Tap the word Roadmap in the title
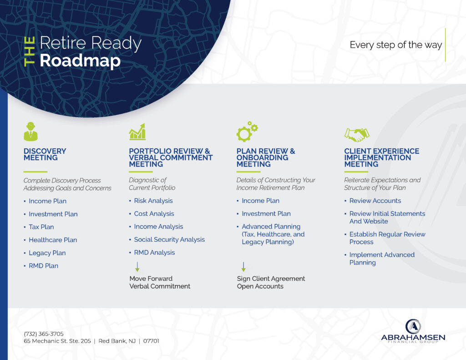click(80, 61)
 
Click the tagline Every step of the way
click(396, 45)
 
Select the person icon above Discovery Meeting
click(30, 131)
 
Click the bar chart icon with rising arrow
click(137, 132)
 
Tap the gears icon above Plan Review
click(247, 132)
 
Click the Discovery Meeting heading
click(45, 154)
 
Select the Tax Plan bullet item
click(41, 227)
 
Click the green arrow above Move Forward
click(137, 267)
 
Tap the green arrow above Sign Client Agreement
click(243, 267)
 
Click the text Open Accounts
click(260, 286)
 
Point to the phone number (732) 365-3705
click(44, 334)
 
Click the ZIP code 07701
click(151, 341)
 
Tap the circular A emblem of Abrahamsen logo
click(413, 327)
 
